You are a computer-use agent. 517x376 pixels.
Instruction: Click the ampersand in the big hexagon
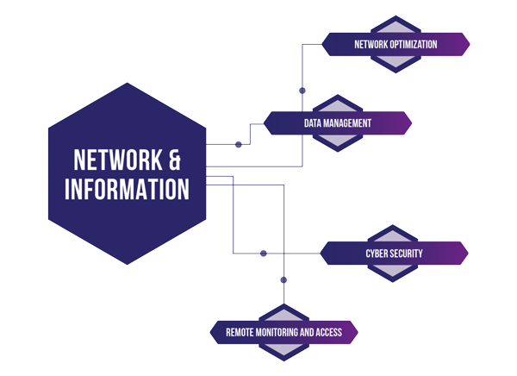(x=175, y=160)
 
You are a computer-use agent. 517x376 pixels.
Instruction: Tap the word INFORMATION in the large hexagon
(x=127, y=189)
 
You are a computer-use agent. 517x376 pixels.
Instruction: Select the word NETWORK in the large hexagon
(x=118, y=160)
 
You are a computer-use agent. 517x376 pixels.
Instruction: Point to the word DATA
(x=313, y=123)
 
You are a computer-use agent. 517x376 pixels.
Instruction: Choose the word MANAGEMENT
(x=347, y=123)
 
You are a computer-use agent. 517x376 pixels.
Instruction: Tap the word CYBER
(x=375, y=254)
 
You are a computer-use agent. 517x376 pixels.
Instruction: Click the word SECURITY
(x=405, y=254)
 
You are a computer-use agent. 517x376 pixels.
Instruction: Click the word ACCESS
(x=329, y=332)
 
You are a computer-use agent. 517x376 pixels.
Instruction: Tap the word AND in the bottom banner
(x=307, y=332)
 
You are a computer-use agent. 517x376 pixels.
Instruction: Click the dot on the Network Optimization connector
(x=302, y=91)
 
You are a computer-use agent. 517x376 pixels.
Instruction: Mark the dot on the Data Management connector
(x=239, y=145)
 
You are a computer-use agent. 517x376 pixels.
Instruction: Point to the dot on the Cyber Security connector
(x=263, y=254)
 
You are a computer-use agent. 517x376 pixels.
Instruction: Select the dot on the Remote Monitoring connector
(x=283, y=280)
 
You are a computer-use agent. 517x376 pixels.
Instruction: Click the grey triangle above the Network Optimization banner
(x=396, y=28)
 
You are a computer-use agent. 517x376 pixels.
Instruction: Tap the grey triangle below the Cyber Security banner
(x=392, y=270)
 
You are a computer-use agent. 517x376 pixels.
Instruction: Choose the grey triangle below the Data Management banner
(x=337, y=140)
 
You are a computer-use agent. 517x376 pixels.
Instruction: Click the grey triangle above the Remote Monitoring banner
(x=283, y=316)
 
